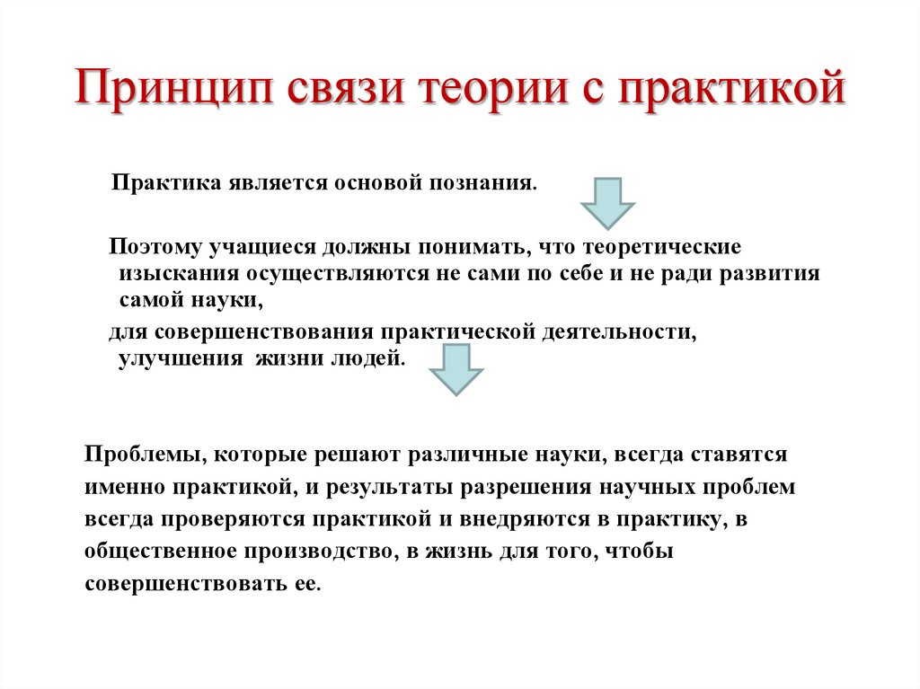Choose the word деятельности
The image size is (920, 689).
(x=616, y=331)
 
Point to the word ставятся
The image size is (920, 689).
(x=739, y=455)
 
